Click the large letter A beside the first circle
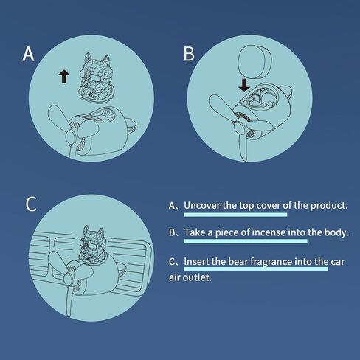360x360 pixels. [x=28, y=54]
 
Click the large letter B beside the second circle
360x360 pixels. [x=189, y=54]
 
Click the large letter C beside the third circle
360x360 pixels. [x=31, y=204]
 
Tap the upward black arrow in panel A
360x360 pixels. [x=64, y=76]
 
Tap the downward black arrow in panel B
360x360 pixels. [x=244, y=86]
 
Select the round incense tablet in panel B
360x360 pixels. [x=255, y=62]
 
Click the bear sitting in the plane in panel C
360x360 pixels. [x=93, y=244]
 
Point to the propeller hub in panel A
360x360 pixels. [x=72, y=136]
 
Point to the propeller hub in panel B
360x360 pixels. [x=240, y=128]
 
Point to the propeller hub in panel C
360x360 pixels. [x=69, y=280]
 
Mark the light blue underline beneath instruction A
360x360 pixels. [x=235, y=215]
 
